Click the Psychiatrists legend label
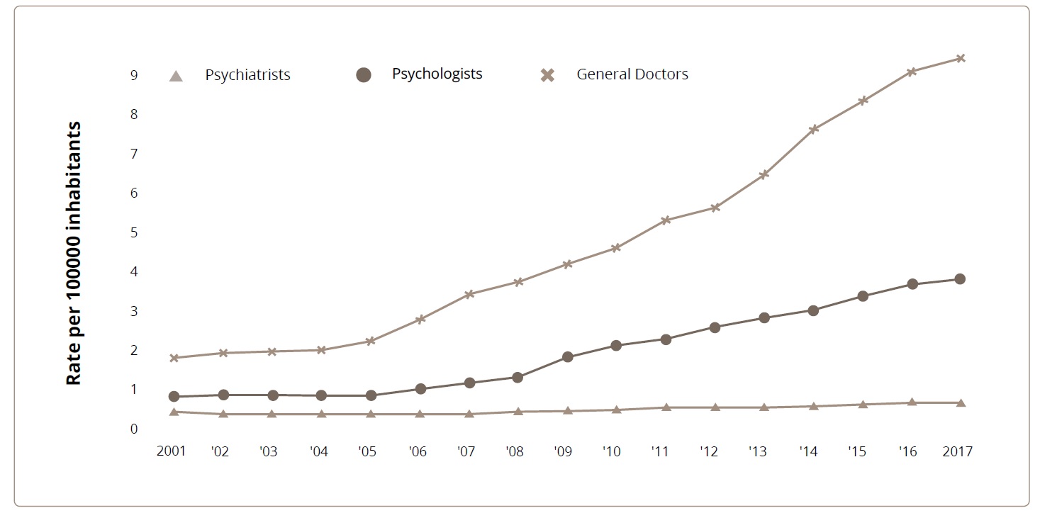247,74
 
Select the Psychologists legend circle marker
364,74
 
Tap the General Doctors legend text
632,74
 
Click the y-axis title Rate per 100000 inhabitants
74,254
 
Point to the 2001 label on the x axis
171,451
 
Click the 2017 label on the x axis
958,451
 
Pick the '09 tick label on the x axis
564,451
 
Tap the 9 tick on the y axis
133,74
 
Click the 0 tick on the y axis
133,429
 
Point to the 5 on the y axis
133,232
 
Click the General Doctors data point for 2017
960,58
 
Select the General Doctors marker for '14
814,129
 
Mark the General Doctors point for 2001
174,358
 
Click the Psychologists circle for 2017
960,279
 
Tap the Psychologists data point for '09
567,357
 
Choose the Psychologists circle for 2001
174,397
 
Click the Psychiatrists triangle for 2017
960,402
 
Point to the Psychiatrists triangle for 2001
174,411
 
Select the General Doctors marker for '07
469,294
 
